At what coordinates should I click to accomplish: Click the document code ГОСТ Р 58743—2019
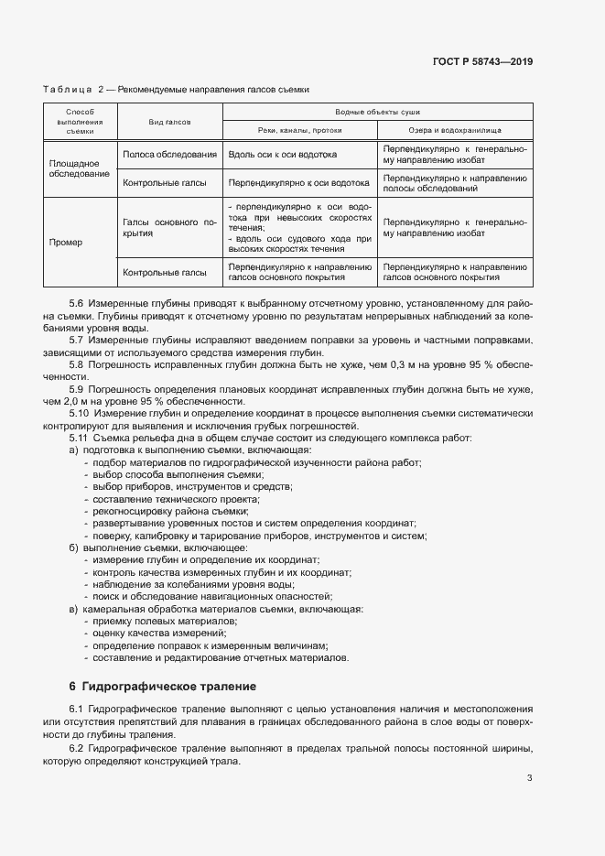pos(483,62)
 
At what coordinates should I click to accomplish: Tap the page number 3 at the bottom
pos(529,779)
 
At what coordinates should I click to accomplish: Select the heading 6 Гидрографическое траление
pos(163,686)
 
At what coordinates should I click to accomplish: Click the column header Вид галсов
pos(169,121)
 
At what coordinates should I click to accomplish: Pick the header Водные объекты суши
pos(376,111)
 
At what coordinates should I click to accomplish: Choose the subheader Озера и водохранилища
pos(455,131)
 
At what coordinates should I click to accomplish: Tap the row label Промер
pos(66,243)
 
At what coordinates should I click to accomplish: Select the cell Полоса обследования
pos(169,155)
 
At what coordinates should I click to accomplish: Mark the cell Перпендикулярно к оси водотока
pos(286,182)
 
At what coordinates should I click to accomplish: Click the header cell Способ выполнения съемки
pos(75,121)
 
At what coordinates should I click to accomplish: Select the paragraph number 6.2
pos(77,749)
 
